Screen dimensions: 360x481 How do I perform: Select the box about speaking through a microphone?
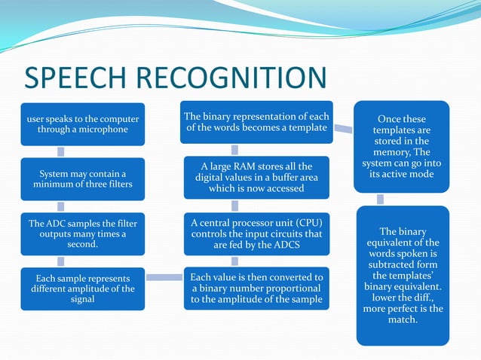click(83, 124)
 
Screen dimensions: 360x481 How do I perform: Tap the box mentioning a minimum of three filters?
click(83, 179)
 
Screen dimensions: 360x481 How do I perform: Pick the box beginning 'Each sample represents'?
click(83, 288)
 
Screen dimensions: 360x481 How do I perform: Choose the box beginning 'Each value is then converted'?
click(257, 288)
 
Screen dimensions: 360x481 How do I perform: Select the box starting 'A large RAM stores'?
click(257, 177)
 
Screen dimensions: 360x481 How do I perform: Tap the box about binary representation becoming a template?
click(257, 122)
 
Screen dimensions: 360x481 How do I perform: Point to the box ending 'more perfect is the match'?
click(402, 275)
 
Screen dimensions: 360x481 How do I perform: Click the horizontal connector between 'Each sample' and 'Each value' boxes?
click(164, 277)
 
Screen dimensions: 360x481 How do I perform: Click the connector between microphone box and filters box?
click(83, 151)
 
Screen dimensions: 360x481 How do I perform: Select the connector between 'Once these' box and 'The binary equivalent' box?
click(380, 199)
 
